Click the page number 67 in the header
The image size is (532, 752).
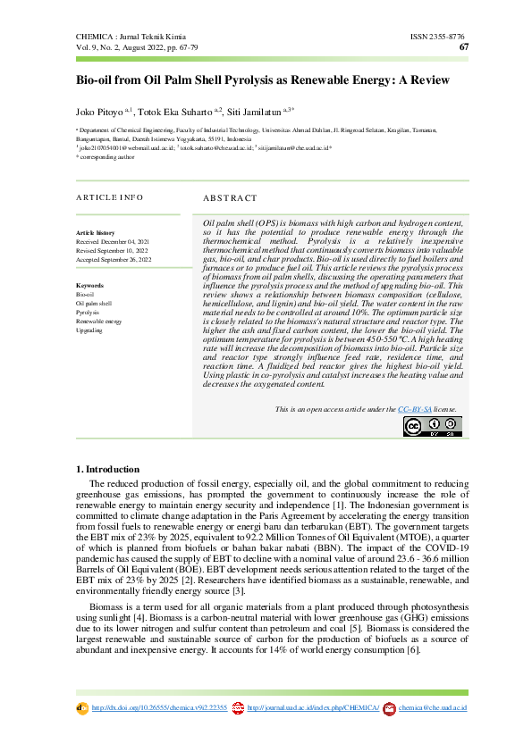(x=463, y=47)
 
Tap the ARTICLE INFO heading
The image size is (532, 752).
(x=109, y=197)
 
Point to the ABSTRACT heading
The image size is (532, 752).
(x=230, y=197)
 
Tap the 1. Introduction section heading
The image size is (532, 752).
(x=107, y=469)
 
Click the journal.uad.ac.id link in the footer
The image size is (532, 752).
(x=313, y=708)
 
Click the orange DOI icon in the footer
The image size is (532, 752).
(x=83, y=708)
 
